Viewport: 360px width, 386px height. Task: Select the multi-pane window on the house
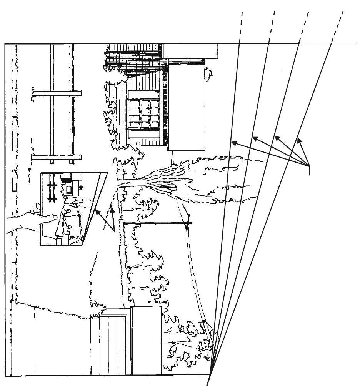(143, 110)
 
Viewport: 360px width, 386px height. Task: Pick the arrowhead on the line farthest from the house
(299, 140)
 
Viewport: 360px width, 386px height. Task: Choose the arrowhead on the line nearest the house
(232, 143)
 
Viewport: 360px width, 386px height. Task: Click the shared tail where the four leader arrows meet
(310, 166)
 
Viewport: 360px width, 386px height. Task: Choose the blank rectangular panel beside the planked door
(146, 340)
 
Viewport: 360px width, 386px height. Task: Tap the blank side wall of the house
(187, 108)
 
